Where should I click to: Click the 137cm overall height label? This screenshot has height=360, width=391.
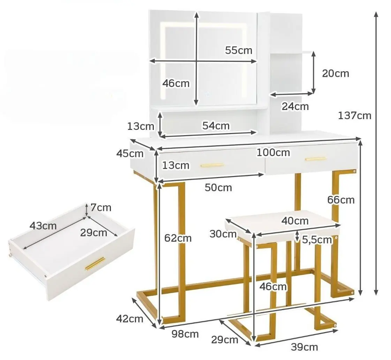tap(355, 116)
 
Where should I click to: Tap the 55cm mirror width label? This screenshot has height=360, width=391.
tap(239, 50)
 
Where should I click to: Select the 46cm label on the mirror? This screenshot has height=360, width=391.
tap(176, 83)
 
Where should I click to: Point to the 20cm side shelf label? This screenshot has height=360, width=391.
tap(336, 73)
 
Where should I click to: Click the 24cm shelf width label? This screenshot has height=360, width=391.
tap(295, 106)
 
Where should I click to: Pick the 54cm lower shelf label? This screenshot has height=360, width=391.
tap(216, 126)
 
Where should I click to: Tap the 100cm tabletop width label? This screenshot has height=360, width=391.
tap(273, 152)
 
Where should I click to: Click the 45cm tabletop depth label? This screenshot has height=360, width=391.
tap(130, 154)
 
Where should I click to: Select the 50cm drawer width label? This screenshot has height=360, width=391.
tap(218, 188)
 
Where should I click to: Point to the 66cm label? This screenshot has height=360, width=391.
tap(341, 200)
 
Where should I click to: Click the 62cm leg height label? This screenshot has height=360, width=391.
tap(178, 238)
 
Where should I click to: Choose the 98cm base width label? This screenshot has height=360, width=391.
tap(185, 334)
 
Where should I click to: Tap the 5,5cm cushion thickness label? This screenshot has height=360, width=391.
tap(317, 240)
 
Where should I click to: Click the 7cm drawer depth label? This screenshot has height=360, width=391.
tap(101, 207)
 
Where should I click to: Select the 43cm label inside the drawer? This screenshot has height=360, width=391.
tap(43, 226)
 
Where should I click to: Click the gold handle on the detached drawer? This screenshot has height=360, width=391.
tap(95, 264)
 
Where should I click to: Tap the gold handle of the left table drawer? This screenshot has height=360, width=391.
tap(212, 165)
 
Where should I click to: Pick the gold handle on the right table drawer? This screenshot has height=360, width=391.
tap(316, 159)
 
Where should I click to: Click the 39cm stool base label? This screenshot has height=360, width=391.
tap(304, 347)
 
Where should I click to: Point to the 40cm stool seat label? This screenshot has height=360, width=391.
tap(295, 221)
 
